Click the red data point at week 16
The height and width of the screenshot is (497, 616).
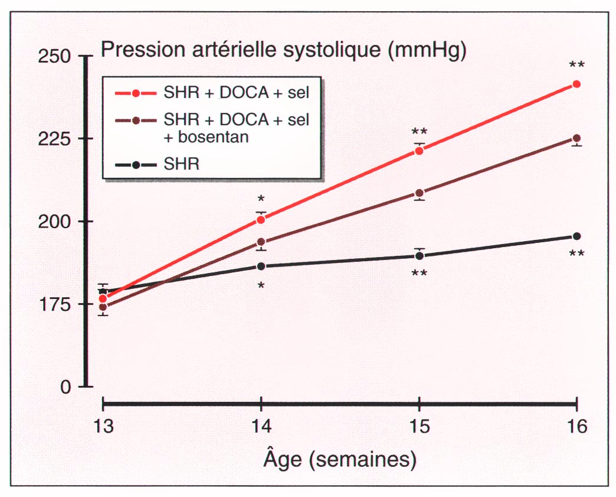click(x=576, y=85)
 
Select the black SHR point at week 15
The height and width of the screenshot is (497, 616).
click(x=419, y=256)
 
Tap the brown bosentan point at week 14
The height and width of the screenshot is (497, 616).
click(x=261, y=242)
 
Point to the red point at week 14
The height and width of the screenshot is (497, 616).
click(x=261, y=220)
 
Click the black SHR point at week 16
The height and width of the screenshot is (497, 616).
click(x=576, y=236)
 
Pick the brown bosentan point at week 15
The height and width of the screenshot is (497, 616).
click(x=419, y=193)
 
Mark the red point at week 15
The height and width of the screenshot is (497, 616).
click(x=419, y=151)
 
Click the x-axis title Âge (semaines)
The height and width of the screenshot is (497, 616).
click(x=339, y=459)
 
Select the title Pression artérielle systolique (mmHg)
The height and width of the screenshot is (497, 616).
click(x=284, y=50)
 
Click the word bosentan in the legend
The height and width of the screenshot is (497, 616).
click(x=198, y=137)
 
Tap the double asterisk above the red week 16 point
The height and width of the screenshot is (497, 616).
click(x=576, y=65)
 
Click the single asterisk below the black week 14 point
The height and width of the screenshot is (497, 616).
click(x=261, y=287)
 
